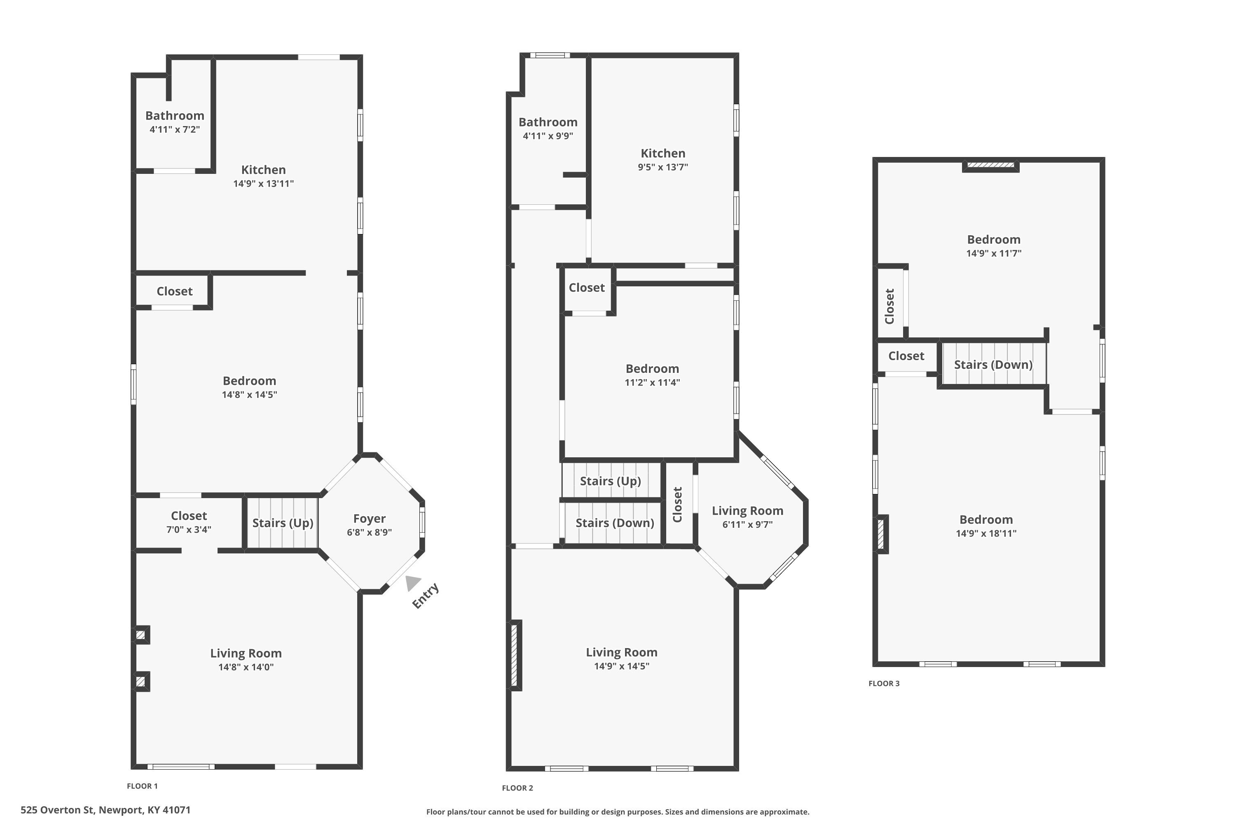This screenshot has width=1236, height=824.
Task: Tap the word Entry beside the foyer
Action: [426, 596]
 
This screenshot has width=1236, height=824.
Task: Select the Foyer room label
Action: [370, 519]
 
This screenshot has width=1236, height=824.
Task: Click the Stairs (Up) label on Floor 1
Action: [283, 523]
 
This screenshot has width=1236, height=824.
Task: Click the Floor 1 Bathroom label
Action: [175, 116]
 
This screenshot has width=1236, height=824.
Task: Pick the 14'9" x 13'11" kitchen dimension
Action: [263, 183]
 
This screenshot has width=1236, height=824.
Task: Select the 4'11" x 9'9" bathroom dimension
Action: [548, 136]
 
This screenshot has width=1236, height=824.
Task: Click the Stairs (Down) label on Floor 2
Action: [615, 523]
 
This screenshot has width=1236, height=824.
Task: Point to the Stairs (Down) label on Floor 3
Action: [993, 365]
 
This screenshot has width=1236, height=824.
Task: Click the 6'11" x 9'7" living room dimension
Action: [747, 524]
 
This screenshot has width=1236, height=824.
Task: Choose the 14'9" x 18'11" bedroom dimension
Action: [986, 534]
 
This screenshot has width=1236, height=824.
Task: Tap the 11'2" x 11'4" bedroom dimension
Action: [652, 383]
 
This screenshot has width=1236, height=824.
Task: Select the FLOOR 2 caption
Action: [517, 788]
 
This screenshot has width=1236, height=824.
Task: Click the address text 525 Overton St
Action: [57, 810]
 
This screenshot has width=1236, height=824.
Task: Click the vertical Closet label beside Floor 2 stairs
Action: [677, 504]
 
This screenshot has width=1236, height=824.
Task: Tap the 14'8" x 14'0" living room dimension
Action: [246, 667]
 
